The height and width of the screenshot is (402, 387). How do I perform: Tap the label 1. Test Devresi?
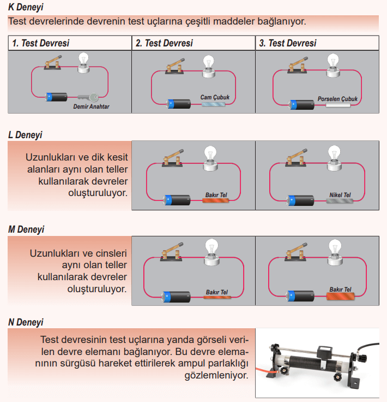click(40, 43)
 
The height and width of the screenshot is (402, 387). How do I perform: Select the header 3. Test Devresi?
click(288, 43)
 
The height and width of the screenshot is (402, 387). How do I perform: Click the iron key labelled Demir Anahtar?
click(88, 98)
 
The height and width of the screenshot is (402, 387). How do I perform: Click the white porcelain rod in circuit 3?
click(337, 104)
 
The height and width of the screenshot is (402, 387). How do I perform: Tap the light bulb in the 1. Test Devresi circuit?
click(83, 61)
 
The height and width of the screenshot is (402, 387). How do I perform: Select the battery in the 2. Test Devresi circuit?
click(178, 103)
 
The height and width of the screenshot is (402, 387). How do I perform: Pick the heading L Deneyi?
click(25, 134)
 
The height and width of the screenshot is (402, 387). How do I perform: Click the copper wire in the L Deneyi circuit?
click(217, 201)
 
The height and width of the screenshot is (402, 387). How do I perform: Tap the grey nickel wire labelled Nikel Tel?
click(340, 201)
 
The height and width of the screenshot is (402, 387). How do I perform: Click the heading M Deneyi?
click(26, 229)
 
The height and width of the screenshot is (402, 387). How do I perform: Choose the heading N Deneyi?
click(26, 322)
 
